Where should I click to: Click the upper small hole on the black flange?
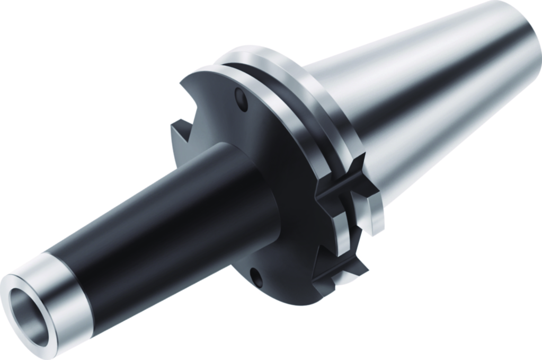241,100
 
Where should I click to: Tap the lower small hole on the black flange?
256,276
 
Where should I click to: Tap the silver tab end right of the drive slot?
374,209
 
